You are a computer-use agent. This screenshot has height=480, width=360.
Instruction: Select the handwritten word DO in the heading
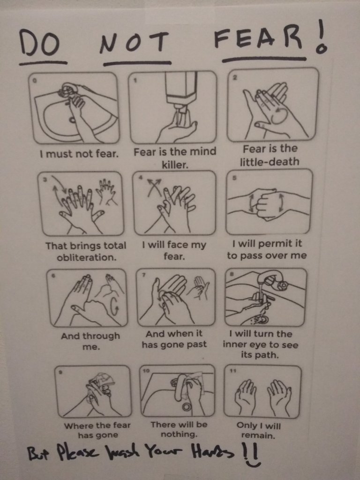pyautogui.click(x=39, y=44)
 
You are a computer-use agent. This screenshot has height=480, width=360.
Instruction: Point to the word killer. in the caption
pyautogui.click(x=175, y=165)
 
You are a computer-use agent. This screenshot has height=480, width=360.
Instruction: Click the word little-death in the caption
pyautogui.click(x=270, y=162)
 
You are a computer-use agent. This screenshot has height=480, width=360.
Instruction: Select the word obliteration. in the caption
pyautogui.click(x=87, y=257)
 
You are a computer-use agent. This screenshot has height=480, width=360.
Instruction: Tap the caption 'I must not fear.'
pyautogui.click(x=79, y=153)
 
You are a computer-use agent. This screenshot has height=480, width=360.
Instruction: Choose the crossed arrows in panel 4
pyautogui.click(x=154, y=186)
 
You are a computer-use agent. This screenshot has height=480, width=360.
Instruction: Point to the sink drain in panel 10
pyautogui.click(x=186, y=407)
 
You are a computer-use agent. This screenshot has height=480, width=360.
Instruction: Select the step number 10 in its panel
pyautogui.click(x=146, y=370)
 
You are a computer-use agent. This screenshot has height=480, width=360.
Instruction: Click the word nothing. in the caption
pyautogui.click(x=179, y=435)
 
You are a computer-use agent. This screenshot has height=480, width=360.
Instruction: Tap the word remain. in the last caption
pyautogui.click(x=258, y=435)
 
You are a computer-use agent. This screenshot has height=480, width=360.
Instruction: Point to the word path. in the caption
pyautogui.click(x=260, y=355)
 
